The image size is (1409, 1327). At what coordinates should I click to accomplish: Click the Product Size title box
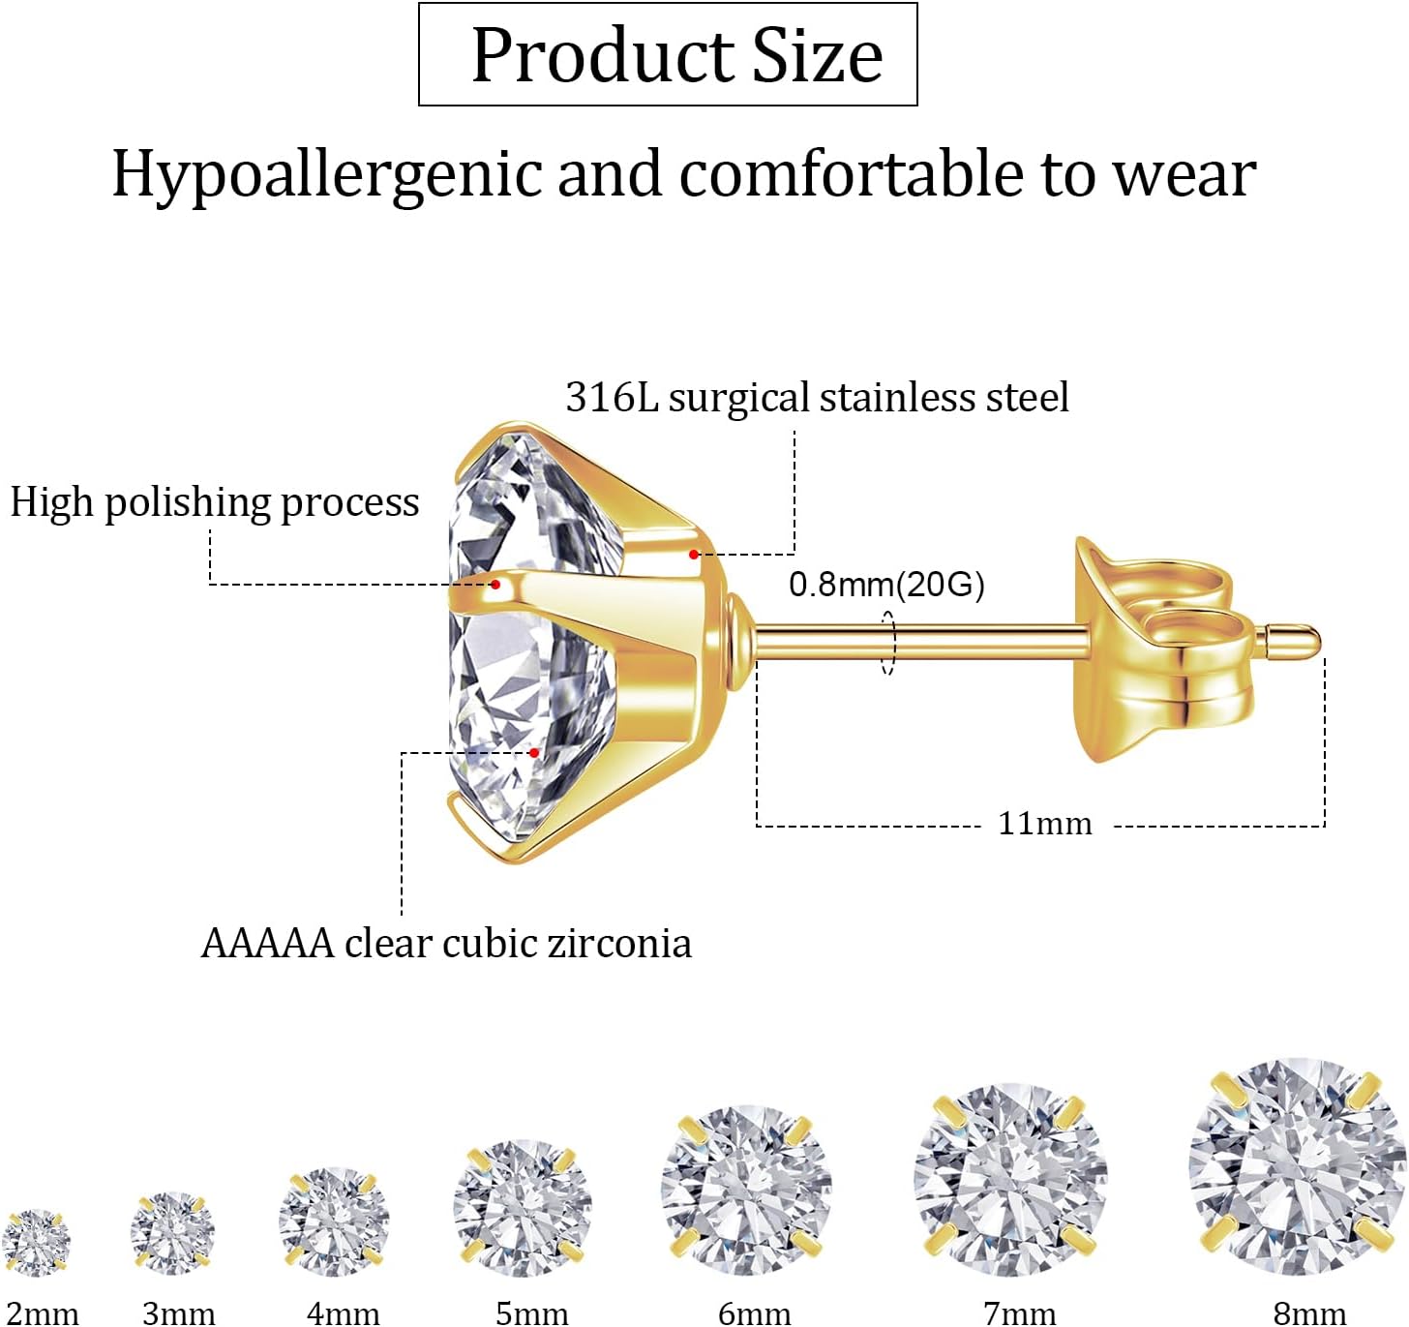(668, 54)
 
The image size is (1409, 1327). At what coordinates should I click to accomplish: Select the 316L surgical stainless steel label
(817, 398)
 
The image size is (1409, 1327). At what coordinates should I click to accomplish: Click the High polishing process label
(214, 502)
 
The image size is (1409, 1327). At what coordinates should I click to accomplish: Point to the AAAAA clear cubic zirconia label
(446, 944)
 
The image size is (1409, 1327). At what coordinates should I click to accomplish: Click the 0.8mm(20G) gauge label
(886, 585)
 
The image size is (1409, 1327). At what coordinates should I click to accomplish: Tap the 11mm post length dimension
(1044, 824)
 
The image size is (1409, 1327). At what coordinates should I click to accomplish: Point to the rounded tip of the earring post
(1306, 639)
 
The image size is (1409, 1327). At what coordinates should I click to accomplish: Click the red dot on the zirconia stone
(534, 752)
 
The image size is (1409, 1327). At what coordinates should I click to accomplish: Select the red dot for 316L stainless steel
(694, 555)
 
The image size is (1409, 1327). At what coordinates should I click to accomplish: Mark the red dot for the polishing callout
(495, 585)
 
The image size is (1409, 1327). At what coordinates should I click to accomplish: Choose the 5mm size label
(531, 1313)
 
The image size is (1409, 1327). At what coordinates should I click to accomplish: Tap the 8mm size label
(1309, 1313)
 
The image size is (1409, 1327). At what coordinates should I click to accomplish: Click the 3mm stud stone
(172, 1232)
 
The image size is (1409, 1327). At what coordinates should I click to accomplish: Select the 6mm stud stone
(746, 1189)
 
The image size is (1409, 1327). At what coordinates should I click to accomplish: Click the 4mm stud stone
(334, 1221)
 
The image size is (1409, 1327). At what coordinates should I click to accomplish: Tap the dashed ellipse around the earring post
(888, 642)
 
